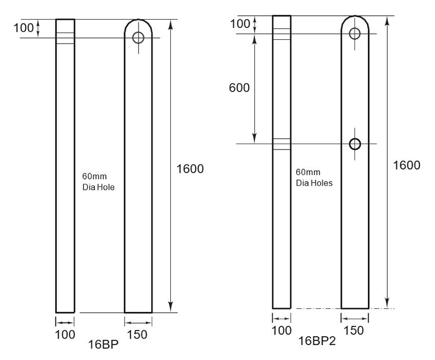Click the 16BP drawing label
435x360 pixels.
[103, 344]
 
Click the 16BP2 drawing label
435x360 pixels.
[316, 341]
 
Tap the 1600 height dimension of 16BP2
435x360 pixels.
[406, 165]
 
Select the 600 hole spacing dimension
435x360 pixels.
[239, 88]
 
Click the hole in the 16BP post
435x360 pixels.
[138, 38]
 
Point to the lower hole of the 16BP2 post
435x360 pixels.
[355, 144]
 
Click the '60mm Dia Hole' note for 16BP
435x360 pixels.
[98, 182]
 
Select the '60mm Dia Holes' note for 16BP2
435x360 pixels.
[314, 178]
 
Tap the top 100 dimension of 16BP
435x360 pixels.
[23, 28]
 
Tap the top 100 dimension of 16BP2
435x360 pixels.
[241, 24]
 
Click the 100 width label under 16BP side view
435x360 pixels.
[65, 334]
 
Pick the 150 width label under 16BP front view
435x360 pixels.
[138, 334]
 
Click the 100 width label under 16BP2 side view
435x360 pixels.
[282, 330]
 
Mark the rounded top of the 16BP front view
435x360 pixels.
[138, 23]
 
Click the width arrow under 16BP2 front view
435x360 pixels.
[355, 318]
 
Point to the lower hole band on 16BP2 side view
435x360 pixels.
[282, 144]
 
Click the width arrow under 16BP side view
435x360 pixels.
[65, 322]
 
